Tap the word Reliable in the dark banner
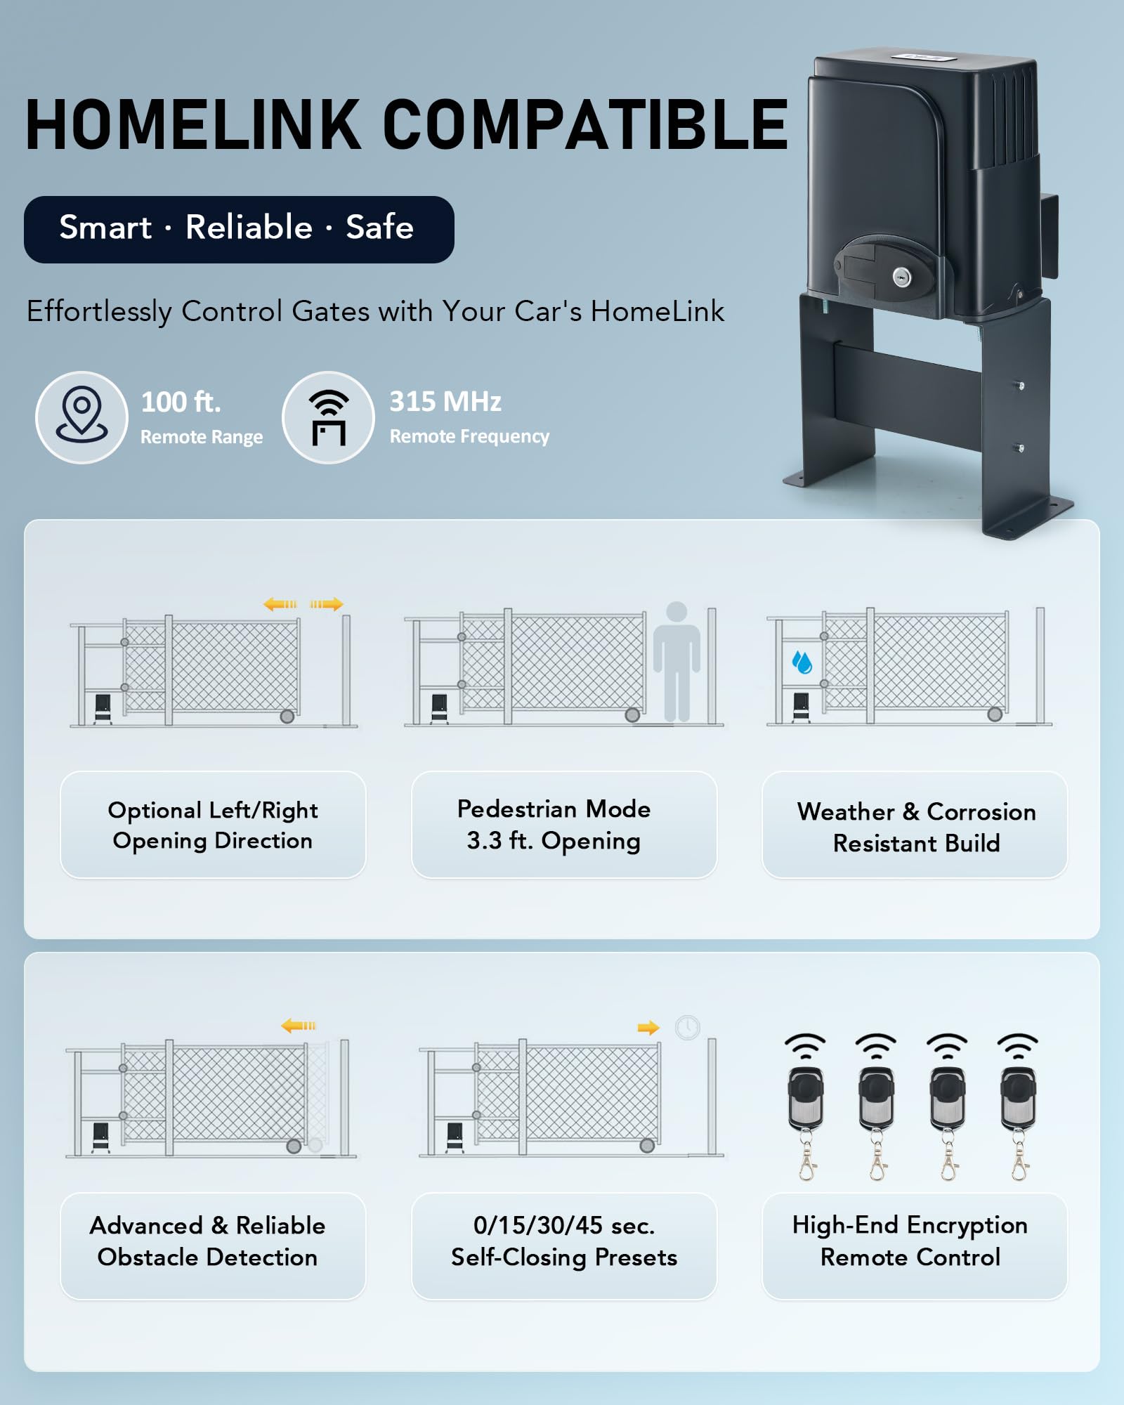coord(249,228)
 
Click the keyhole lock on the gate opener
coord(900,277)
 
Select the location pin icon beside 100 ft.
coord(82,415)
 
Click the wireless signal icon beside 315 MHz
coord(329,417)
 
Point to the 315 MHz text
coord(445,402)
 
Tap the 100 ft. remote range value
coord(181,403)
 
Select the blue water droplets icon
coord(802,662)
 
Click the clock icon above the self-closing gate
coord(688,1028)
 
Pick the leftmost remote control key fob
coord(806,1107)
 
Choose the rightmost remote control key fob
coord(1018,1107)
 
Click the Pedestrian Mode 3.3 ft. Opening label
coord(554,825)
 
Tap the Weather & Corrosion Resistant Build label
coord(917,827)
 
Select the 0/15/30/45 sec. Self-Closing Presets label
coord(564,1241)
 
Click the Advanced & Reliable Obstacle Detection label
coord(208,1241)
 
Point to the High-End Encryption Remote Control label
coord(910,1241)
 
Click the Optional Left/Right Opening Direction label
coord(213,825)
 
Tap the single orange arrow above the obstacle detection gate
coord(299,1026)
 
